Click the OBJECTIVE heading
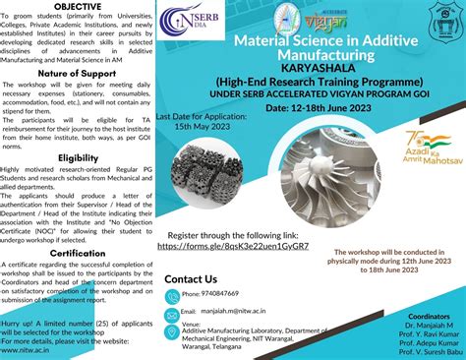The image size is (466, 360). click(x=76, y=6)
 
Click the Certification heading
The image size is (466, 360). click(x=76, y=253)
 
